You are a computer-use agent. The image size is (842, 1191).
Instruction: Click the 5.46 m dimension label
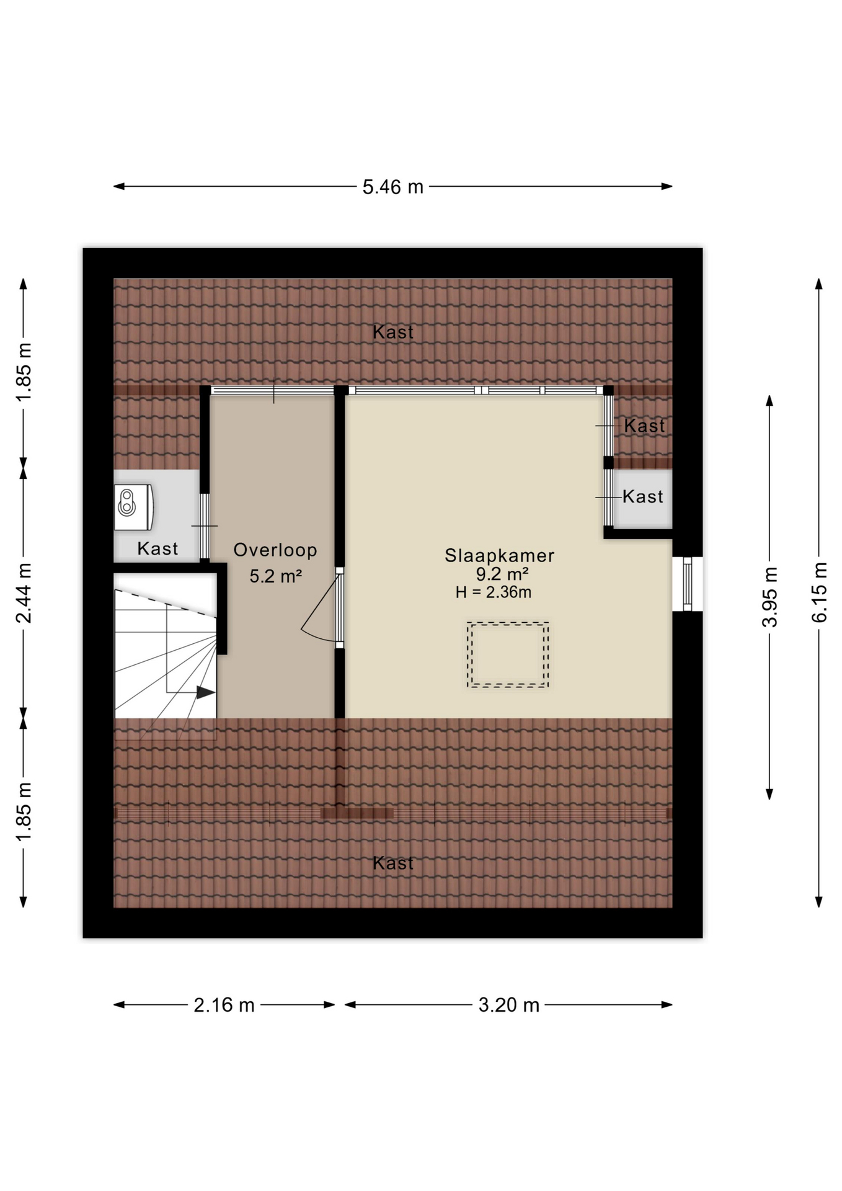click(x=392, y=187)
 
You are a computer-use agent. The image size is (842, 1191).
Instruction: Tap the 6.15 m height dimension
click(x=819, y=592)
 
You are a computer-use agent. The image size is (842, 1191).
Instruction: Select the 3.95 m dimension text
click(x=769, y=597)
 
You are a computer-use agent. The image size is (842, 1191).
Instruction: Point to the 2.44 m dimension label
click(x=24, y=593)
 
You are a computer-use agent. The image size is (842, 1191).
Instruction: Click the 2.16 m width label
click(x=224, y=1005)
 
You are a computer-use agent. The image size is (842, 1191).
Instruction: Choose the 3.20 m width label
click(x=508, y=1005)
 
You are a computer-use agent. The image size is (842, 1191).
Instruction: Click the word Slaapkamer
click(x=499, y=555)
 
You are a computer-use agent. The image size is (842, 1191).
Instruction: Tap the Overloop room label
click(x=275, y=550)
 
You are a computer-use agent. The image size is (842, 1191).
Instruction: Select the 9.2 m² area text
click(x=502, y=574)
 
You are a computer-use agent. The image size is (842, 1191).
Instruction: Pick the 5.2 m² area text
click(x=275, y=576)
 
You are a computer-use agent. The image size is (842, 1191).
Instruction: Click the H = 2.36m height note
click(x=493, y=592)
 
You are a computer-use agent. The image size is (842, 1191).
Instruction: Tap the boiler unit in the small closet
click(x=133, y=507)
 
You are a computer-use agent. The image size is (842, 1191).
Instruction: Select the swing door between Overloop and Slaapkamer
click(x=322, y=608)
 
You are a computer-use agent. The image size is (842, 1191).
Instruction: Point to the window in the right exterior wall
click(x=687, y=584)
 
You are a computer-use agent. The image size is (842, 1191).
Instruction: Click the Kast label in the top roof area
click(x=393, y=332)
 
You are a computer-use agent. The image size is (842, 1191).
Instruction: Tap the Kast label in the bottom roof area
click(x=393, y=863)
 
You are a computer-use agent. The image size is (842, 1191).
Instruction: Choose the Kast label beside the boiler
click(x=157, y=549)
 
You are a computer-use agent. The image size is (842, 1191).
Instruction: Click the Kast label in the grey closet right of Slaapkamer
click(x=643, y=497)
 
